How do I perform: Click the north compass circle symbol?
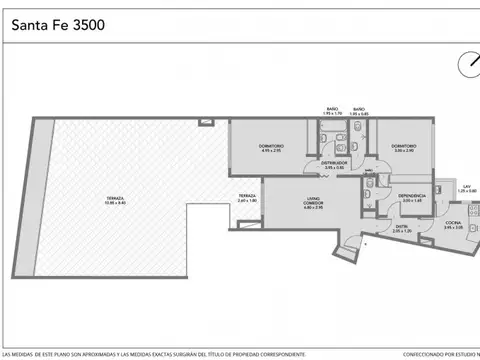468,66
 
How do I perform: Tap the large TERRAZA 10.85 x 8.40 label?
116,202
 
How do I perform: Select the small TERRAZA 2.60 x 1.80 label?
247,197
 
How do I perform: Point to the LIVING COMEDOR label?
314,205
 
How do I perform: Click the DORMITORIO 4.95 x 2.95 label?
271,149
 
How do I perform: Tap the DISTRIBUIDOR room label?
335,164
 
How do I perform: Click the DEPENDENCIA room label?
413,197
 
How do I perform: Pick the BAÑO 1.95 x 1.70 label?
332,110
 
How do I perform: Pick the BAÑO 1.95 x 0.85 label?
359,110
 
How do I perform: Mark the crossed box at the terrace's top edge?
205,122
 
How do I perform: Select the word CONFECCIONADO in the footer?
393,355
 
